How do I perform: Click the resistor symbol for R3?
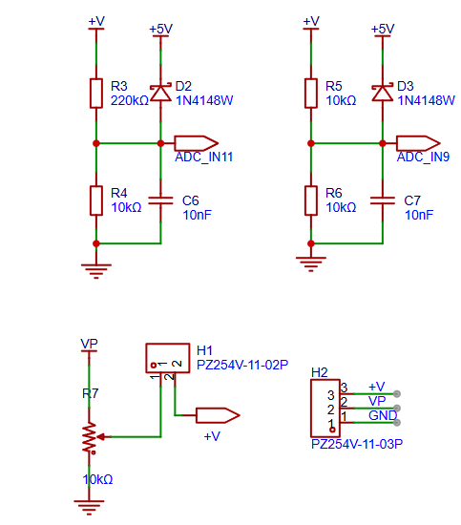pyautogui.click(x=96, y=94)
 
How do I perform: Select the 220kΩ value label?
pyautogui.click(x=130, y=100)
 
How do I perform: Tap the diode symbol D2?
pyautogui.click(x=160, y=93)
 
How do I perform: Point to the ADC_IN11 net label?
pyautogui.click(x=203, y=157)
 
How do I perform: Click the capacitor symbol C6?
pyautogui.click(x=160, y=200)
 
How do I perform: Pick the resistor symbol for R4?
pyautogui.click(x=96, y=200)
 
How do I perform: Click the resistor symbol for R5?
pyautogui.click(x=311, y=94)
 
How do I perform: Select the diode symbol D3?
pyautogui.click(x=383, y=93)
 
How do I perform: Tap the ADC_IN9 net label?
pyautogui.click(x=423, y=157)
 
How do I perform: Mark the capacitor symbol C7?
pyautogui.click(x=383, y=200)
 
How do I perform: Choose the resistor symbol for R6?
pyautogui.click(x=311, y=200)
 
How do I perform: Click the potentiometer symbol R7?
pyautogui.click(x=90, y=437)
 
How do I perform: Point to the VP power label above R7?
pyautogui.click(x=89, y=344)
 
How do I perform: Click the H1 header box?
pyautogui.click(x=168, y=358)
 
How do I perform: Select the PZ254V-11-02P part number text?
pyautogui.click(x=242, y=365)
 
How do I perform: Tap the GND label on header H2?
pyautogui.click(x=383, y=415)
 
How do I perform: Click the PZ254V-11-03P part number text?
pyautogui.click(x=357, y=444)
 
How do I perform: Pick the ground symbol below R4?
pyautogui.click(x=96, y=271)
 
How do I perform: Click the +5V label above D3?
pyautogui.click(x=383, y=29)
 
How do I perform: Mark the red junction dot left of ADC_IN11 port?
pyautogui.click(x=160, y=143)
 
